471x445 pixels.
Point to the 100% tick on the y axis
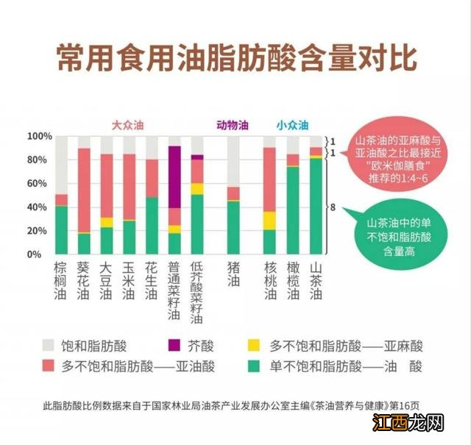pyautogui.click(x=39, y=137)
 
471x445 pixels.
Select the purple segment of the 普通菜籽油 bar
pyautogui.click(x=174, y=177)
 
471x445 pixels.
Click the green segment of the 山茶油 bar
pyautogui.click(x=316, y=206)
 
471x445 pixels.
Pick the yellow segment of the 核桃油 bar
pyautogui.click(x=270, y=221)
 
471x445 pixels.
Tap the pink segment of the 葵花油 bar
pyautogui.click(x=84, y=191)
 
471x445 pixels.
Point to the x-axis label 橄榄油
pyautogui.click(x=293, y=281)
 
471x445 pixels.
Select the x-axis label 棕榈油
pyautogui.click(x=61, y=281)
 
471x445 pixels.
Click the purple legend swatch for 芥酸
pyautogui.click(x=176, y=343)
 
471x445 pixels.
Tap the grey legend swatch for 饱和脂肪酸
pyautogui.click(x=49, y=343)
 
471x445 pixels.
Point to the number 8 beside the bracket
pyautogui.click(x=333, y=208)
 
